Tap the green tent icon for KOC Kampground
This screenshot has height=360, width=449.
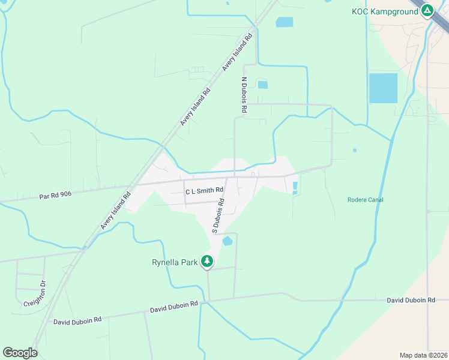[427, 10]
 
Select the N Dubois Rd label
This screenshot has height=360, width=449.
[244, 95]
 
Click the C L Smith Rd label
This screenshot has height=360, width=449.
[204, 190]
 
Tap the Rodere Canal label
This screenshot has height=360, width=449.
[365, 200]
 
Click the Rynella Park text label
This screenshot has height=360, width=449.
[175, 262]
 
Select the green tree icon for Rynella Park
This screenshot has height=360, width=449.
[207, 261]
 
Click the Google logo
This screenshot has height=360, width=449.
[20, 353]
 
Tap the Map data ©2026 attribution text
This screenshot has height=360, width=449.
[423, 355]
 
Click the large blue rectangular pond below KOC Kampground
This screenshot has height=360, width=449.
[383, 88]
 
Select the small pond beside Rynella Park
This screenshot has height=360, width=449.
[228, 241]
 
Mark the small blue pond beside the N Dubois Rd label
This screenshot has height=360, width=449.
[262, 85]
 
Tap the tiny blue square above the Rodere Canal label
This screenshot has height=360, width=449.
[355, 150]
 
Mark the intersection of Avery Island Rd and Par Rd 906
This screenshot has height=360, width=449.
[136, 184]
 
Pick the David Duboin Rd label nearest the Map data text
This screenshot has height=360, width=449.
[411, 299]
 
